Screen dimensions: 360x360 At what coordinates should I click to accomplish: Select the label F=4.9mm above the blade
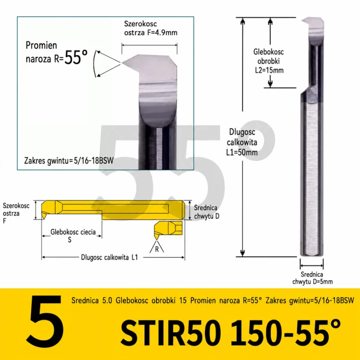(163, 33)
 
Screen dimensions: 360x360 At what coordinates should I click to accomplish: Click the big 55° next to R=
(76, 57)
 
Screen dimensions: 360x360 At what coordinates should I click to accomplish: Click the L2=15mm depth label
(269, 70)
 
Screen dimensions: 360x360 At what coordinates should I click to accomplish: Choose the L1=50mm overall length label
(242, 152)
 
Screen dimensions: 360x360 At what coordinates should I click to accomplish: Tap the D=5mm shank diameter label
(321, 281)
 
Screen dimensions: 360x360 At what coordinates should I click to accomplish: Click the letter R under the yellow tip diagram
(157, 249)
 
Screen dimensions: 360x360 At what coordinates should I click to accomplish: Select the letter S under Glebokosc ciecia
(70, 240)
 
